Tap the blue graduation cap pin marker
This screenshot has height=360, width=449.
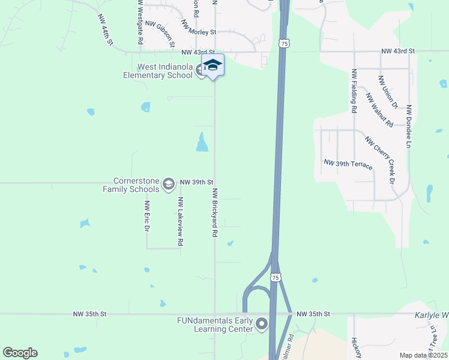212,65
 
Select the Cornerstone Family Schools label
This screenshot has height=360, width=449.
137,184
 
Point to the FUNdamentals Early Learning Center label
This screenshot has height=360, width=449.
214,325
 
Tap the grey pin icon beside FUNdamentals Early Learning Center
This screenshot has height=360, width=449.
261,325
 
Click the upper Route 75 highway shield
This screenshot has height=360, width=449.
285,43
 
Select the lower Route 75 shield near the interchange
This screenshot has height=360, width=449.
274,277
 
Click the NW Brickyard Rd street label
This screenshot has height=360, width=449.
214,212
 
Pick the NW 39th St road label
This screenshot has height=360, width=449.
197,181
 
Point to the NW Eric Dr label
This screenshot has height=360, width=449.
146,216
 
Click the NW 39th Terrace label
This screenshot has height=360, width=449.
348,163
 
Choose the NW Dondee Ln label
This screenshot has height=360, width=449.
408,127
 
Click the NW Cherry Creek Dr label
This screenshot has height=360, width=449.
379,160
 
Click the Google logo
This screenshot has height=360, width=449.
20,353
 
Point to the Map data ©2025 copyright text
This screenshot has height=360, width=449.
423,355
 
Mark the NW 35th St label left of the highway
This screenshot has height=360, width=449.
89,314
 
